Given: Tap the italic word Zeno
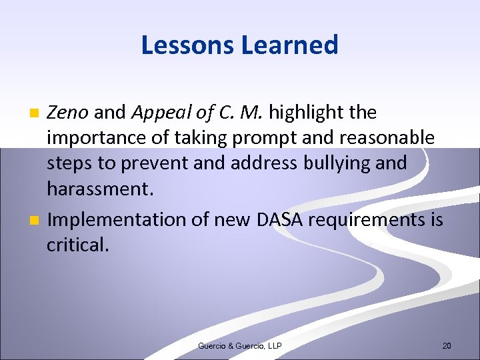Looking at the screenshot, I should (x=67, y=113).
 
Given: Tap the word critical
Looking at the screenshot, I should (x=77, y=245).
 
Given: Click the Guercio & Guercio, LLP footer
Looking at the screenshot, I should (x=240, y=345).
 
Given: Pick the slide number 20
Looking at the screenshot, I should (x=447, y=345).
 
